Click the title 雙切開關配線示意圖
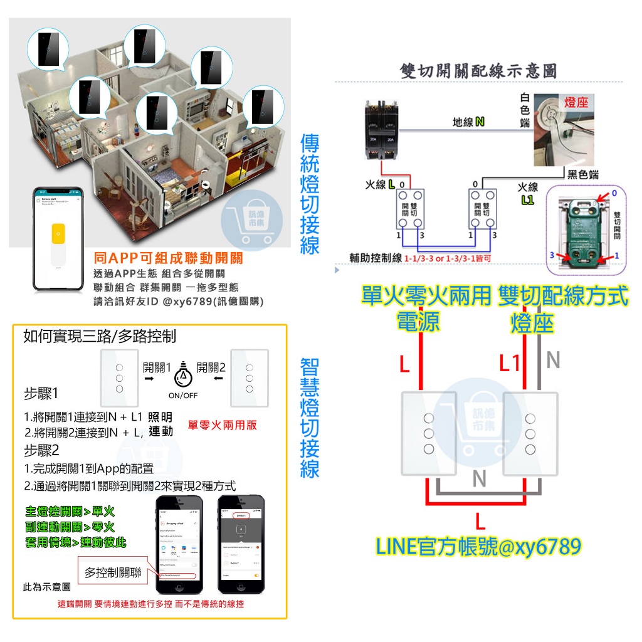coord(478,71)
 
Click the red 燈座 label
coord(576,102)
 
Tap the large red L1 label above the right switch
coord(510,362)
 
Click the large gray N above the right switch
coord(553,360)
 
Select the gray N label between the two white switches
coord(479,479)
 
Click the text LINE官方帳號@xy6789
coord(478,547)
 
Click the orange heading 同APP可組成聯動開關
coord(167,258)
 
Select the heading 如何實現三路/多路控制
coord(99,337)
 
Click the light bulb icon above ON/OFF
coord(183,375)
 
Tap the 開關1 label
coord(157,367)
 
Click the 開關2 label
coord(211,367)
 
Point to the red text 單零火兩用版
coord(223,424)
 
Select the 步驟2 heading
coord(41,450)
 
